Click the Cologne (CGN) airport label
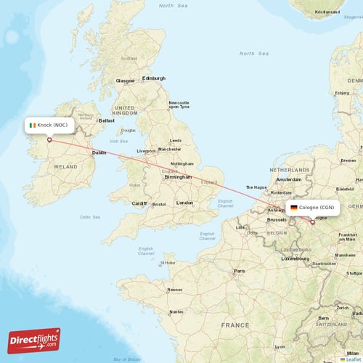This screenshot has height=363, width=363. pos(312,208)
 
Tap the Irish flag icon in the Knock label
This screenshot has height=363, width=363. pos(32,125)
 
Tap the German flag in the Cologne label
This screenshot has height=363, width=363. pos(293,208)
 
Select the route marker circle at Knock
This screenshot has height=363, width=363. pos(49,140)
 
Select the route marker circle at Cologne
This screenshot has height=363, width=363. pos(313,223)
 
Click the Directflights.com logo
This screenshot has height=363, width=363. pos(34,340)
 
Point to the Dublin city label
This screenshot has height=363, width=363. pos(99,153)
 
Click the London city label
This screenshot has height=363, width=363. pos(185,203)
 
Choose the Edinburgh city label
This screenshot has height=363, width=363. pos(154,78)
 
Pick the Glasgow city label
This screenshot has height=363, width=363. pos(126,81)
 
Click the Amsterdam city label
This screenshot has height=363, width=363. pos(288,179)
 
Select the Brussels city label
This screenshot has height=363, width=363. pos(277,219)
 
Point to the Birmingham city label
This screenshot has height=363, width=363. pos(178,176)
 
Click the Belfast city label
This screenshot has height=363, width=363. pos(107,121)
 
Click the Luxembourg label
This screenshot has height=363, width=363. pos(295,258)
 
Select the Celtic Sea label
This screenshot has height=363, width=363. pos(90,216)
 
